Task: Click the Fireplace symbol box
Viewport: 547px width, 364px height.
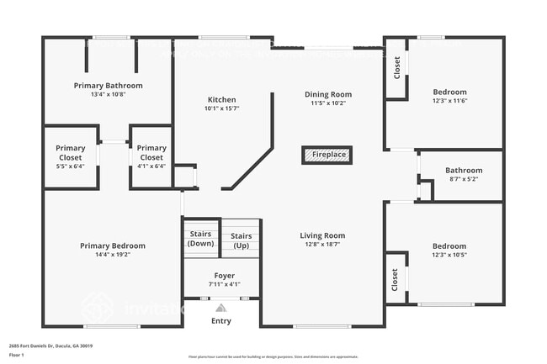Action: pyautogui.click(x=327, y=156)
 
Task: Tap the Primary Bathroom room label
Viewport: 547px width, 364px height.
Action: pyautogui.click(x=108, y=86)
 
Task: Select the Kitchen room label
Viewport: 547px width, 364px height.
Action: pyautogui.click(x=221, y=99)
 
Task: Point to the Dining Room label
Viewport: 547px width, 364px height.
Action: pyautogui.click(x=328, y=95)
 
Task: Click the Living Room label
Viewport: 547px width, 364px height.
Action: pyautogui.click(x=322, y=235)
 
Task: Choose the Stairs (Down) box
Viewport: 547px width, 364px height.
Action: pyautogui.click(x=201, y=238)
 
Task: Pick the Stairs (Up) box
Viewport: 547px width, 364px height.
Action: pyautogui.click(x=241, y=240)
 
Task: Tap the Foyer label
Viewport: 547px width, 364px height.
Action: pyautogui.click(x=224, y=276)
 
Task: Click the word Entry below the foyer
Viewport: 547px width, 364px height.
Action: pyautogui.click(x=221, y=321)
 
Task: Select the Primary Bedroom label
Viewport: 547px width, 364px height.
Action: pyautogui.click(x=113, y=245)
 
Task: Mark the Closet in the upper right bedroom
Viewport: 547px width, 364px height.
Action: pyautogui.click(x=397, y=67)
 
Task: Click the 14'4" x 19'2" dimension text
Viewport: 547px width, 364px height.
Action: pyautogui.click(x=113, y=255)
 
